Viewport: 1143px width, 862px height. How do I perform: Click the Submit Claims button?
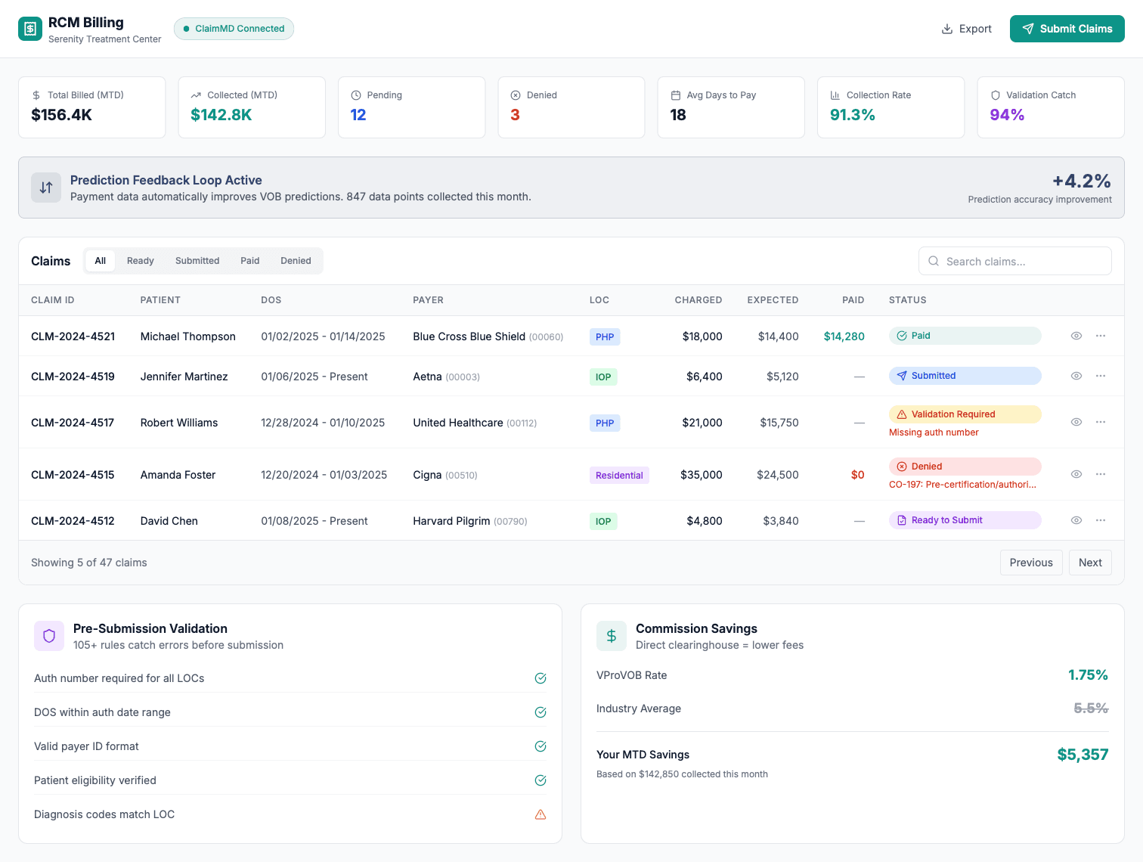(1067, 29)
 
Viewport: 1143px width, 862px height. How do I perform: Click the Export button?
(966, 29)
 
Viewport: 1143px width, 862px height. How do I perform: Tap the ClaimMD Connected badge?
(234, 29)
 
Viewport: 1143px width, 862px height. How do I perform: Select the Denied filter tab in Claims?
(296, 261)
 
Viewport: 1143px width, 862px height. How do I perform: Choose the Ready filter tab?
(140, 261)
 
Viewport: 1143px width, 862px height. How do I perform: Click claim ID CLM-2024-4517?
(73, 423)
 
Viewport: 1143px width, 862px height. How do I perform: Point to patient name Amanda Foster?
(178, 475)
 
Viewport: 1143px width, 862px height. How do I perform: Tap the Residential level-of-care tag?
(619, 476)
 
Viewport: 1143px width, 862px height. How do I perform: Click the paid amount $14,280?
(844, 336)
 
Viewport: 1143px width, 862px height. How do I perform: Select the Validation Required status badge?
(965, 414)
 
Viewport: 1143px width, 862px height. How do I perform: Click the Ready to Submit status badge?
(965, 520)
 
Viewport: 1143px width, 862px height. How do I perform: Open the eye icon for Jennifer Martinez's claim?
(1076, 376)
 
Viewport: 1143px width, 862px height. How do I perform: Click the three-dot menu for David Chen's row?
(1101, 520)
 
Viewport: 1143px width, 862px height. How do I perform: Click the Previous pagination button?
(1030, 563)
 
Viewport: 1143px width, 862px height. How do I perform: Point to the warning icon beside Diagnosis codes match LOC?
(541, 814)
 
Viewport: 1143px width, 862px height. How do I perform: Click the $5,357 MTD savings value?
(1083, 755)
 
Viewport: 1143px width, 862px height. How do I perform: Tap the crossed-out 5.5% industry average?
(1091, 709)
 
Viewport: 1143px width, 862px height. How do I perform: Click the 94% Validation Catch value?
(1007, 115)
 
